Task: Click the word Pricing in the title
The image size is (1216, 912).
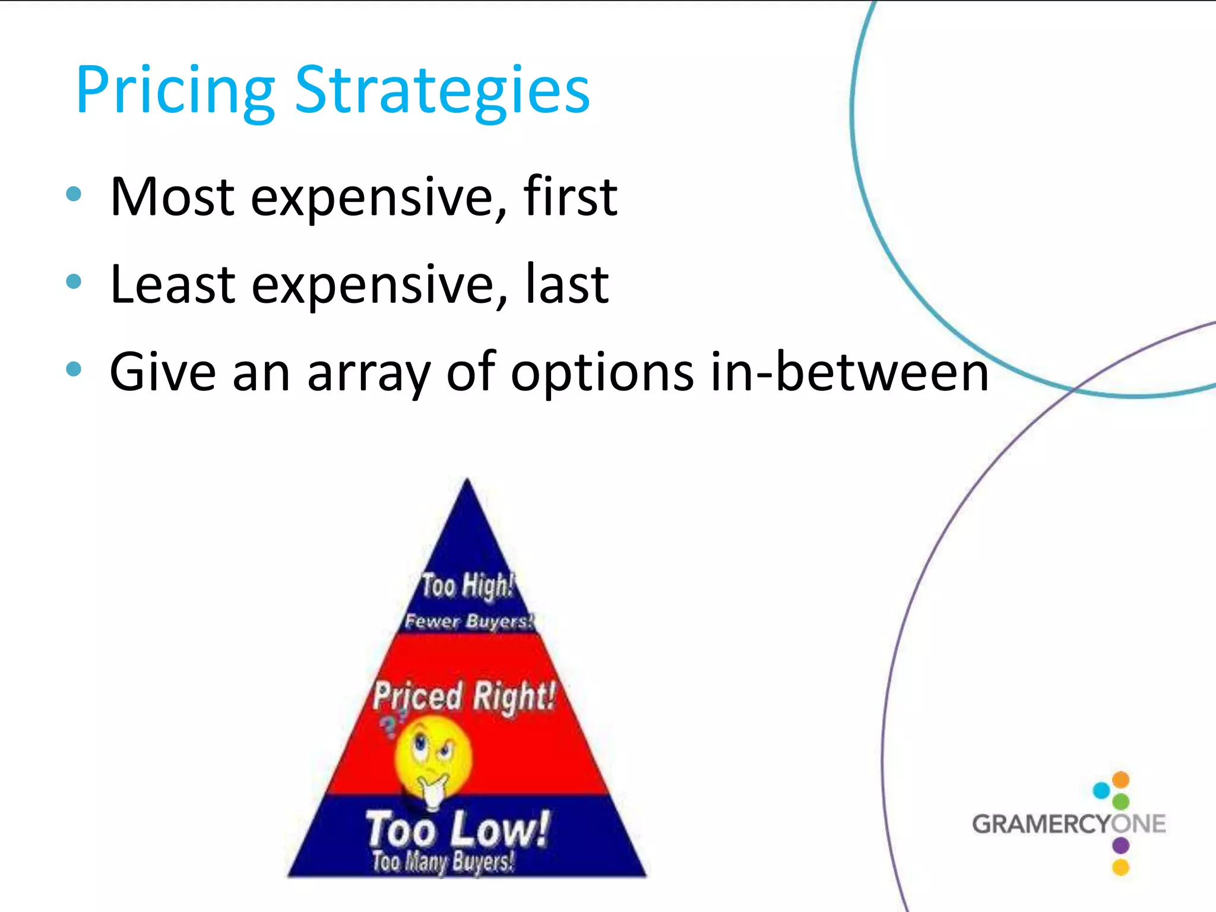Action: pyautogui.click(x=175, y=92)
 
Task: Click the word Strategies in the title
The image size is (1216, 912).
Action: pyautogui.click(x=442, y=92)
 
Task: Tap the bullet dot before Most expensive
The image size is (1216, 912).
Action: pyautogui.click(x=74, y=194)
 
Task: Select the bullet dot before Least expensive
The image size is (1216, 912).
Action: pyautogui.click(x=74, y=281)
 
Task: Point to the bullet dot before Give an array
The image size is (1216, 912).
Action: pyautogui.click(x=74, y=369)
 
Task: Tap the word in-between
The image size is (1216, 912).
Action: pyautogui.click(x=849, y=372)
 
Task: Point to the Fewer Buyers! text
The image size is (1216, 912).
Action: pyautogui.click(x=469, y=621)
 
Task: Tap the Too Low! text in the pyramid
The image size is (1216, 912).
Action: pyautogui.click(x=457, y=829)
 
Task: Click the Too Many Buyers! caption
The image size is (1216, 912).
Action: pyautogui.click(x=443, y=862)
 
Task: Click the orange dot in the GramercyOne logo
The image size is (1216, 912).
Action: pyautogui.click(x=1120, y=780)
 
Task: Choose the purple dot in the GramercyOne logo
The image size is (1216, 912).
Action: pyautogui.click(x=1120, y=845)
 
